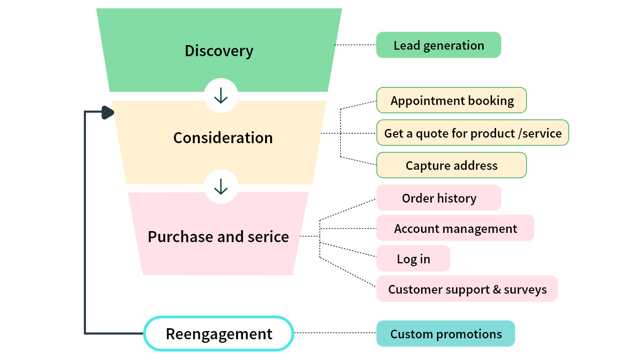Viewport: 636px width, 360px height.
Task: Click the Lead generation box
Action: click(x=438, y=45)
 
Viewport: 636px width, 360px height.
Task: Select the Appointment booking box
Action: click(x=451, y=100)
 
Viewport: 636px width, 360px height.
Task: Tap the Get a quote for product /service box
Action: click(x=472, y=133)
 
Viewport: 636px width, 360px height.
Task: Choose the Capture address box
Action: click(x=451, y=165)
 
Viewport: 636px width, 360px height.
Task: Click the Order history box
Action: click(x=438, y=198)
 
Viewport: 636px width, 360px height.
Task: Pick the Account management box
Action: click(x=455, y=228)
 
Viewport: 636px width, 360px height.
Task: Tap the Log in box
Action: click(x=413, y=259)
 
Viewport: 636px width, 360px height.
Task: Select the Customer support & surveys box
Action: click(x=467, y=289)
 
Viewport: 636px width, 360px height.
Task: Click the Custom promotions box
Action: click(x=445, y=334)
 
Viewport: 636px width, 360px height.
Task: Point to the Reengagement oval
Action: click(x=219, y=334)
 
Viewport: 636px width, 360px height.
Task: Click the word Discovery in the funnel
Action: click(x=219, y=51)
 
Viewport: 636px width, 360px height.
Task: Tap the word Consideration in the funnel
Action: click(x=223, y=138)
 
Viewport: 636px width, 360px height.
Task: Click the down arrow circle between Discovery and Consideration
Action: click(x=221, y=95)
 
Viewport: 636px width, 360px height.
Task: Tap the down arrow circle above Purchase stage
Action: click(x=221, y=186)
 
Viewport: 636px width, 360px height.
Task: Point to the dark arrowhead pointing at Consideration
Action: click(x=108, y=112)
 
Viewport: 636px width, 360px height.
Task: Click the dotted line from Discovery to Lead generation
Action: click(x=355, y=45)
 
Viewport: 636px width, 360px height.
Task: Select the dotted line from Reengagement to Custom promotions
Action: click(x=335, y=333)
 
